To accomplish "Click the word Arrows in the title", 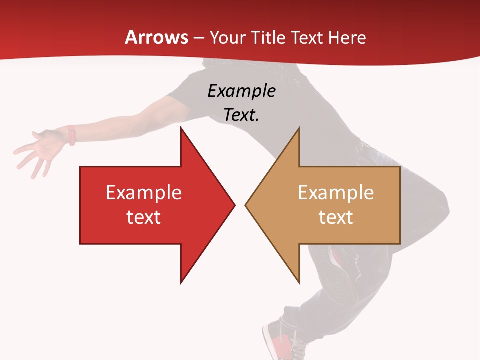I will (157, 37).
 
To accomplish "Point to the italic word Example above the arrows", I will (241, 91).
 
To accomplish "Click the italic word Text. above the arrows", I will (241, 115).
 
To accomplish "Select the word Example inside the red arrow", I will (144, 192).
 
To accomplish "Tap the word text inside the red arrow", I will (144, 217).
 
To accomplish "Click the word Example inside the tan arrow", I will (336, 192).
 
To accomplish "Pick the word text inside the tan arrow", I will (336, 217).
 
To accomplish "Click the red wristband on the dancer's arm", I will (72, 135).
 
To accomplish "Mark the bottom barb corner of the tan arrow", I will (299, 282).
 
